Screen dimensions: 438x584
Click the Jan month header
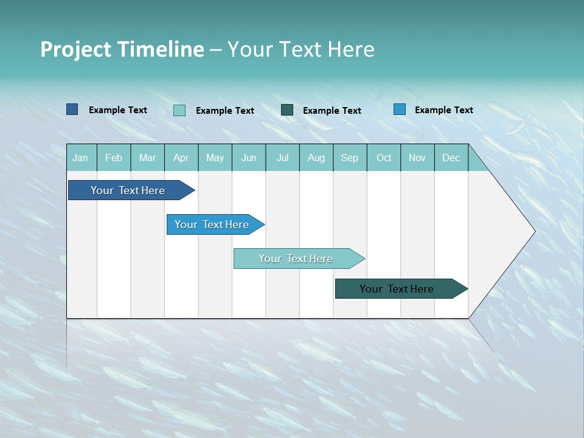(80, 158)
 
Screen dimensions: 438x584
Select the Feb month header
(114, 158)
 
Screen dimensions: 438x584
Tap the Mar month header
(147, 158)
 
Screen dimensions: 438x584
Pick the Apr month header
(181, 158)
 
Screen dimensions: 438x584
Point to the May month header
(215, 158)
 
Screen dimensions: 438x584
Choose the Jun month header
(249, 158)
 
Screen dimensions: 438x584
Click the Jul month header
(282, 158)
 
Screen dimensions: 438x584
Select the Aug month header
(316, 158)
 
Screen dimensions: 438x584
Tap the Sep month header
(350, 158)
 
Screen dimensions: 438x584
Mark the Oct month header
(384, 158)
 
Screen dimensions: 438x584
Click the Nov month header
(417, 158)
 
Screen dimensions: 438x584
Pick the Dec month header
(451, 158)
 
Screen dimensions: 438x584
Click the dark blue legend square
(72, 109)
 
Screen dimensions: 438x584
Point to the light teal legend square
(179, 110)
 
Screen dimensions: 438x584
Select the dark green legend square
(287, 110)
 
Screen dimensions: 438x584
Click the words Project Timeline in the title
(122, 49)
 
